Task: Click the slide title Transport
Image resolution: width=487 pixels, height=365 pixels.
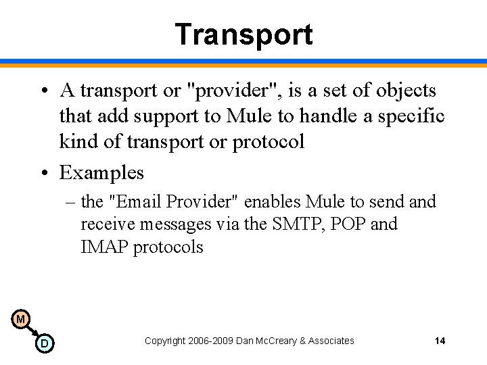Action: click(243, 34)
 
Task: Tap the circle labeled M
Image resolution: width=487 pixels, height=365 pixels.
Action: click(20, 319)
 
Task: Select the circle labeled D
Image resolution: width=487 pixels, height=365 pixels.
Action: click(44, 343)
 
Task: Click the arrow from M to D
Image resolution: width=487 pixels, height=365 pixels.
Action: click(32, 331)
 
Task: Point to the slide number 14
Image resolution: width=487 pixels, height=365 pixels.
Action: click(440, 341)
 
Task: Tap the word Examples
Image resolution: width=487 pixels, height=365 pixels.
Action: click(101, 172)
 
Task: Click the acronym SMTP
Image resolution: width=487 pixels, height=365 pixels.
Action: click(292, 224)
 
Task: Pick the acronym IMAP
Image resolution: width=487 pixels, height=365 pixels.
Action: click(105, 247)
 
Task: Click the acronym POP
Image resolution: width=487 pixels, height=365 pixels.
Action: click(345, 224)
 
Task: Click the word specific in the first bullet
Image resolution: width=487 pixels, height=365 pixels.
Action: click(413, 116)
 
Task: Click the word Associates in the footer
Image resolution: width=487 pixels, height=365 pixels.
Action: click(331, 341)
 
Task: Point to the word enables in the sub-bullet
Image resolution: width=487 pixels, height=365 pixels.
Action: click(273, 201)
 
